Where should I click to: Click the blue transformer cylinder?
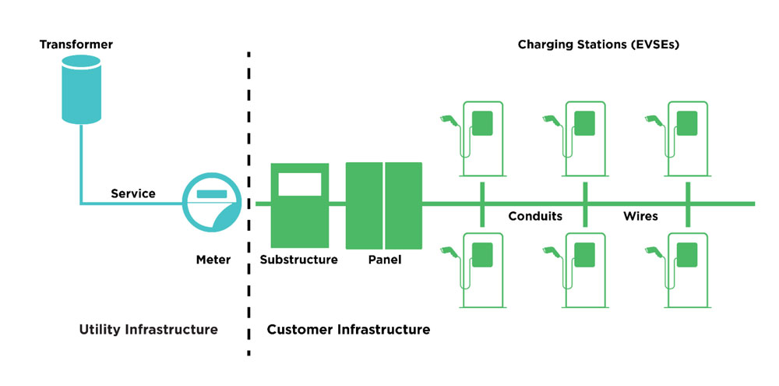pos(80,94)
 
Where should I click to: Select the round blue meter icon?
pos(210,204)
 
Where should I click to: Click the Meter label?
pos(213,260)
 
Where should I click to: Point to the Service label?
pos(133,193)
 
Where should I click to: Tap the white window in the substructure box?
pos(299,184)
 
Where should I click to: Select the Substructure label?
pos(299,260)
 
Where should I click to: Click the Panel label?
pos(384,260)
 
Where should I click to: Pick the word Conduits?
pos(534,216)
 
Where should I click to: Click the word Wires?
pos(640,216)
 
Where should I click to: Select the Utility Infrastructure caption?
pos(148,330)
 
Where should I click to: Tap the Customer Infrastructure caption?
pos(348,330)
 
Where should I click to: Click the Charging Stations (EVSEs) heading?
pos(599,44)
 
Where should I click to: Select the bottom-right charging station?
pos(685,270)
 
